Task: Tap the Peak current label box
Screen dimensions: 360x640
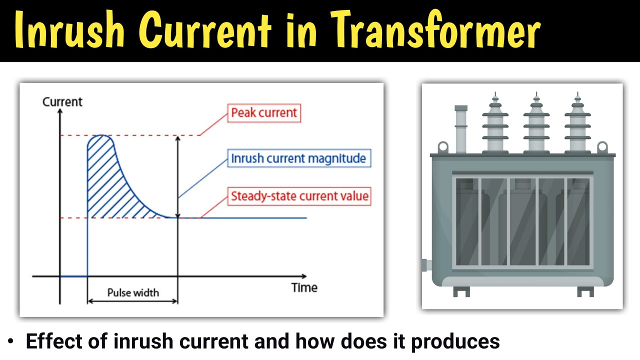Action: tap(264, 113)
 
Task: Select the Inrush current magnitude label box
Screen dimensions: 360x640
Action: tap(298, 159)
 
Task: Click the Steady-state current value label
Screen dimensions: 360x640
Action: tap(299, 196)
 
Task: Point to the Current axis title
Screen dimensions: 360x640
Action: tap(62, 102)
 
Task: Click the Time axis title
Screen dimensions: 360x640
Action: tap(304, 287)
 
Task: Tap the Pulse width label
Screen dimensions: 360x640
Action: tap(132, 292)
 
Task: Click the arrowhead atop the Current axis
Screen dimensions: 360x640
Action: tap(60, 111)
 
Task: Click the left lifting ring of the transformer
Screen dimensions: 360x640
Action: tap(442, 147)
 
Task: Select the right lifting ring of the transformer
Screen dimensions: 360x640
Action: tap(602, 147)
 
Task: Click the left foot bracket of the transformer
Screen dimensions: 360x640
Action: tap(461, 291)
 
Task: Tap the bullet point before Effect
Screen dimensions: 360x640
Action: tap(11, 342)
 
